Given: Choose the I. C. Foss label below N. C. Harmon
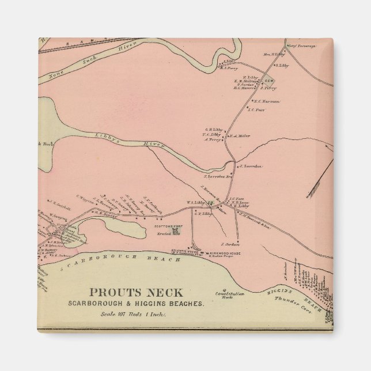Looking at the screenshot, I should click(255, 108).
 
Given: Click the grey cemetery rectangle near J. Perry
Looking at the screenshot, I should click(268, 81).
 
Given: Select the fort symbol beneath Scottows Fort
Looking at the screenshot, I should click(176, 233).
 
